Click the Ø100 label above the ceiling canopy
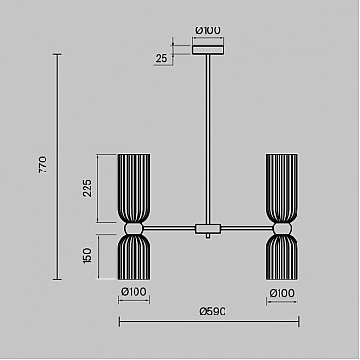tap(207, 30)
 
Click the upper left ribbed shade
tap(134, 187)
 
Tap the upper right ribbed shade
tap(281, 187)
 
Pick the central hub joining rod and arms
tap(207, 229)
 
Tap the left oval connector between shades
tap(134, 228)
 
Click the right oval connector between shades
tap(281, 228)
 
